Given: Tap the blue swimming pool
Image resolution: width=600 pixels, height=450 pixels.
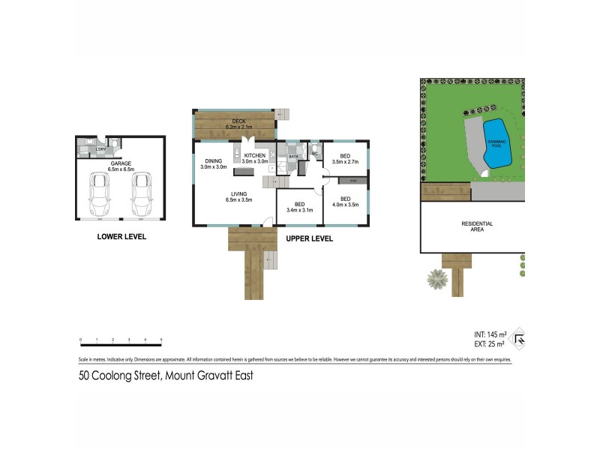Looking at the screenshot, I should (x=496, y=142).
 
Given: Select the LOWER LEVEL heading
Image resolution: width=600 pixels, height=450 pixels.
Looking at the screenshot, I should (x=121, y=237).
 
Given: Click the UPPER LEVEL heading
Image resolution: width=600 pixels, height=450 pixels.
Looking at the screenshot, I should (x=309, y=239).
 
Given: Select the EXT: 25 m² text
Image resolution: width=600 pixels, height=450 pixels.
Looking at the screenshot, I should (x=491, y=344).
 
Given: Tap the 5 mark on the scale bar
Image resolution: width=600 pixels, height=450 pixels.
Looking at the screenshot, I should (x=161, y=340).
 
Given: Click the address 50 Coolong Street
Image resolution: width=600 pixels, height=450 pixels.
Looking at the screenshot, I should (x=166, y=376).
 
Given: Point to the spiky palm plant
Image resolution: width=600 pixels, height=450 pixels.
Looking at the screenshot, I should (x=436, y=280).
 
